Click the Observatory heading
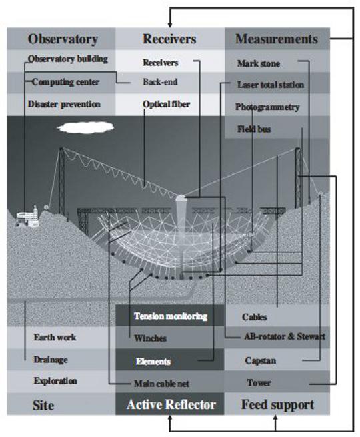63,39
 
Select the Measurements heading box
277,39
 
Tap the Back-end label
160,82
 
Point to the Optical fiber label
166,104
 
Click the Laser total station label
271,85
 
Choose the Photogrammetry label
267,107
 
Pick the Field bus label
254,129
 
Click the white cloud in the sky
85,127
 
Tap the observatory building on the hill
27,217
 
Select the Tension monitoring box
170,316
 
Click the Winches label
150,338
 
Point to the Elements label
153,362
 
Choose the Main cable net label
161,384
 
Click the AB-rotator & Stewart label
285,336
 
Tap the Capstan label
261,360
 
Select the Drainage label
51,360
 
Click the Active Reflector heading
171,404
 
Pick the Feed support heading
277,405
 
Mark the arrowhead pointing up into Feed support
275,418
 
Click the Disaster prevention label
64,104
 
